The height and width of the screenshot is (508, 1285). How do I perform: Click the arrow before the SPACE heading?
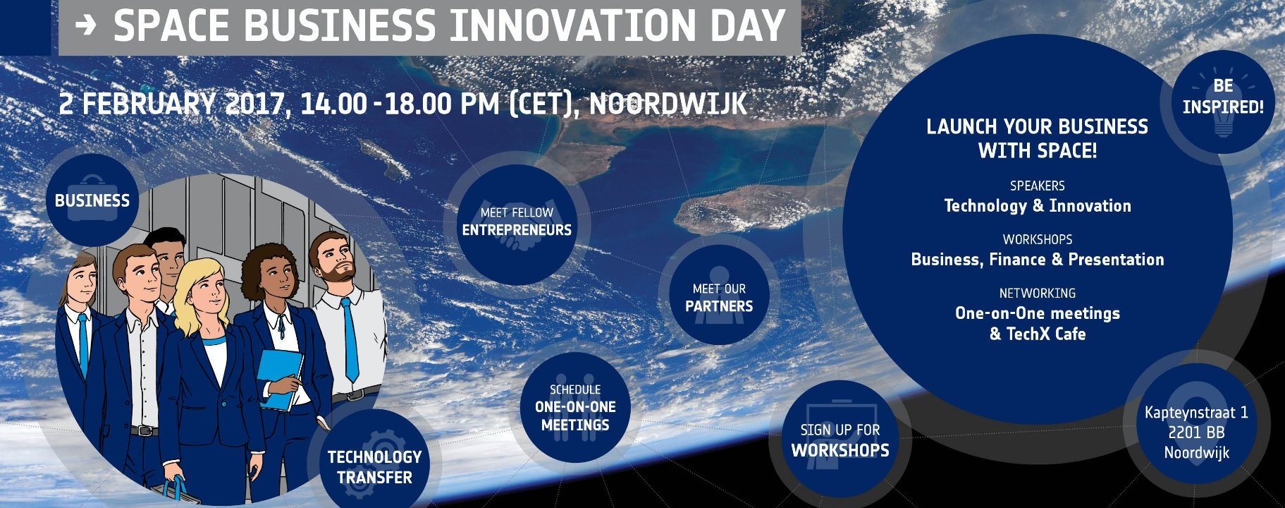85,26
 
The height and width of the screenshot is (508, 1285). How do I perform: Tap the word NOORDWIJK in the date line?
668,104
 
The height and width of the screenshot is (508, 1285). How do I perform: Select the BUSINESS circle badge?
92,200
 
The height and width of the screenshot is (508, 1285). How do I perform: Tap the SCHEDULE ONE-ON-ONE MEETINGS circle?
575,408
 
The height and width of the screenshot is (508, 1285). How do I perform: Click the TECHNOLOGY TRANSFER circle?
374,466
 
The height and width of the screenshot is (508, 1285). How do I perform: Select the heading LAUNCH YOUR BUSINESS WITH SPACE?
1037,138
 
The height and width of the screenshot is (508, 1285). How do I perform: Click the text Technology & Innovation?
1037,206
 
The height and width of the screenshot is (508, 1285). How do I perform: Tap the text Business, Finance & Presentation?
1037,260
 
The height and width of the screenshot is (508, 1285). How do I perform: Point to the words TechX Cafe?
1046,334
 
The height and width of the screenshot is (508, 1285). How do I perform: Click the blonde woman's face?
207,295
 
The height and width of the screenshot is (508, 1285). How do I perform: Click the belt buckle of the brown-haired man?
144,430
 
